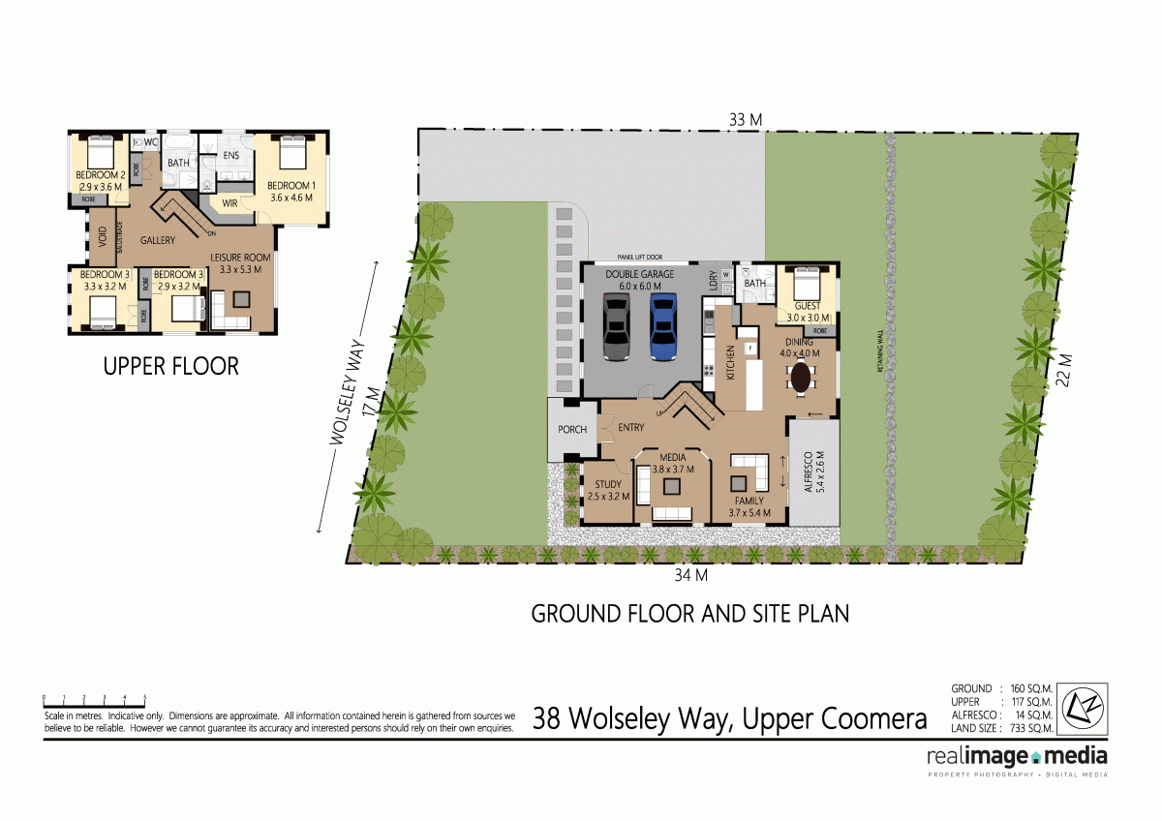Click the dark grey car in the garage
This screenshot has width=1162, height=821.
click(617, 329)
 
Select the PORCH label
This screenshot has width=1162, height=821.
click(572, 429)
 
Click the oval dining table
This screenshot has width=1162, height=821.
click(802, 377)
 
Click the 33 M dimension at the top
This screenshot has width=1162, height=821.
click(746, 119)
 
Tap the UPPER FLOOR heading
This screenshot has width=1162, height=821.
click(170, 367)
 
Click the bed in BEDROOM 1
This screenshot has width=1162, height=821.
click(293, 154)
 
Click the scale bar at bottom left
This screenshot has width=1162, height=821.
click(94, 699)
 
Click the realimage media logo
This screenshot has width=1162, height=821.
click(1017, 757)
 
